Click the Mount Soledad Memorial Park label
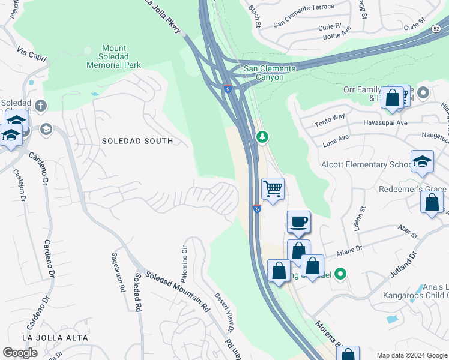(x=113, y=56)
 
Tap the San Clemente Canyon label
(x=270, y=73)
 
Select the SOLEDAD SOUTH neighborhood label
(x=137, y=141)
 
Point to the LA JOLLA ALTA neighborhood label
(x=55, y=338)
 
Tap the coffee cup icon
(x=298, y=223)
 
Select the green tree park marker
(x=262, y=137)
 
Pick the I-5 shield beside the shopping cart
(x=256, y=209)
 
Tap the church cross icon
(x=41, y=106)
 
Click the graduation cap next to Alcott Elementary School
(x=422, y=161)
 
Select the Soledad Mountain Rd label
(x=176, y=289)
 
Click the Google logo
(x=20, y=353)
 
